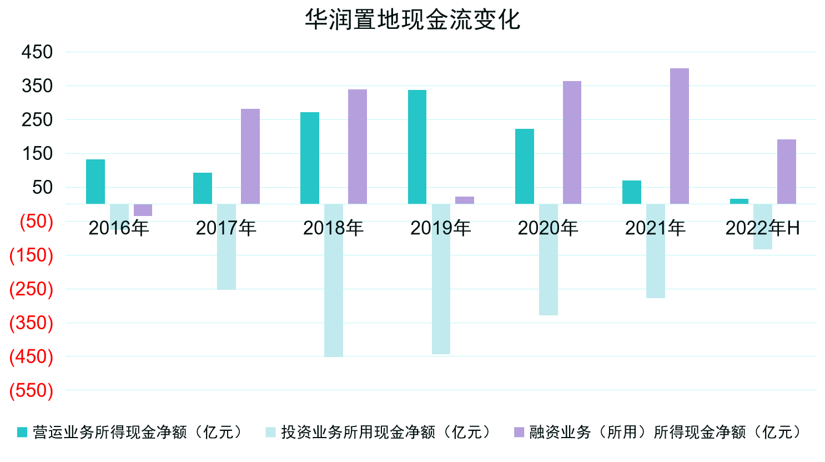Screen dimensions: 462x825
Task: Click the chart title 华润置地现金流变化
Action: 412,20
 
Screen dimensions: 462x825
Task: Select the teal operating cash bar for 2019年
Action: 417,147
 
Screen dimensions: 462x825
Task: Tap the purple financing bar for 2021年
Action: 679,136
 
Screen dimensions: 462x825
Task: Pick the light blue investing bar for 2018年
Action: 334,280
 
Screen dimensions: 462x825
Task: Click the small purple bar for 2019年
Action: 465,200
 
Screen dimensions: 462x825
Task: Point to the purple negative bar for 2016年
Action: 143,210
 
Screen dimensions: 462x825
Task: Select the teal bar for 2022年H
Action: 739,201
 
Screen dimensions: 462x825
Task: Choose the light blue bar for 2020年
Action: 549,260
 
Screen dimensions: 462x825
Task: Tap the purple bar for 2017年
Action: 250,156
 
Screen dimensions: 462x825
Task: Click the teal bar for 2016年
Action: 95,182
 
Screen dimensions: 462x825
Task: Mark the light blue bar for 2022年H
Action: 763,227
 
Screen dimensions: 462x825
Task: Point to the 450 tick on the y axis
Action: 37,52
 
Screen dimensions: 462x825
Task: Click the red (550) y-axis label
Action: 32,390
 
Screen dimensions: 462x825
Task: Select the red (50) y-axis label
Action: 37,221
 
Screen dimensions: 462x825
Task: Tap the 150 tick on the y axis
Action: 37,154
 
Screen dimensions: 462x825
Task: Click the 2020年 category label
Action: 548,228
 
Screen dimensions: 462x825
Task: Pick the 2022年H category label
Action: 762,228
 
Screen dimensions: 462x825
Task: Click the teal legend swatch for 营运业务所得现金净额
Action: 22,432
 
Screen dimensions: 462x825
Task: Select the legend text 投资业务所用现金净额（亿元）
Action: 387,432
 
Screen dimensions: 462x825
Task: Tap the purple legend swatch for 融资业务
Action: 519,432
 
